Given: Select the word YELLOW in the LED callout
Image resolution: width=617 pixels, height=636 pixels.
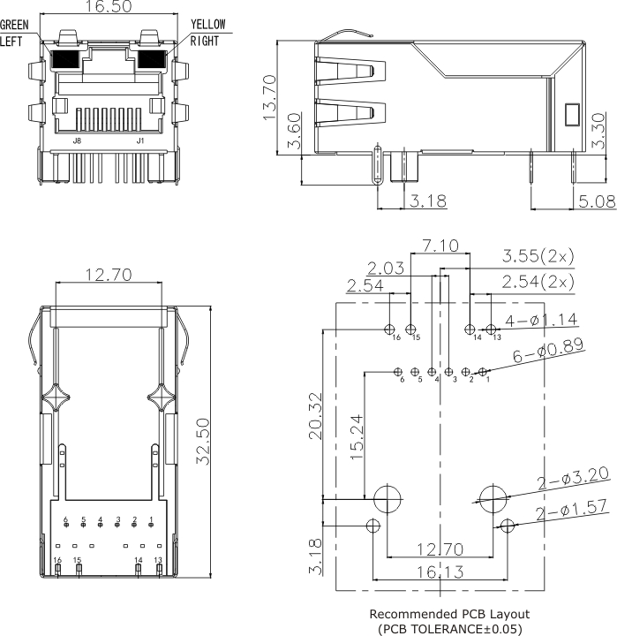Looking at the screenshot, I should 208,25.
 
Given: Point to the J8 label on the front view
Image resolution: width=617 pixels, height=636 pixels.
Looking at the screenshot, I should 78,140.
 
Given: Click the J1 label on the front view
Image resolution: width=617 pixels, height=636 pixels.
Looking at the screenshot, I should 139,140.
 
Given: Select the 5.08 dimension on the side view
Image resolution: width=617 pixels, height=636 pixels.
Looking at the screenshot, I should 598,201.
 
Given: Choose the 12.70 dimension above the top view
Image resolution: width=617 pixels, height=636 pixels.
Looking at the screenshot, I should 109,276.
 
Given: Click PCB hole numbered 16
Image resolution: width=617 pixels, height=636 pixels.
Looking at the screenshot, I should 390,329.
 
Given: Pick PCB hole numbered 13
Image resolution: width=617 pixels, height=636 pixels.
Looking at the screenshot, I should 492,329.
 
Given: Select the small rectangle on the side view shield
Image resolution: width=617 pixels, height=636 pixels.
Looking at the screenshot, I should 570,116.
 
